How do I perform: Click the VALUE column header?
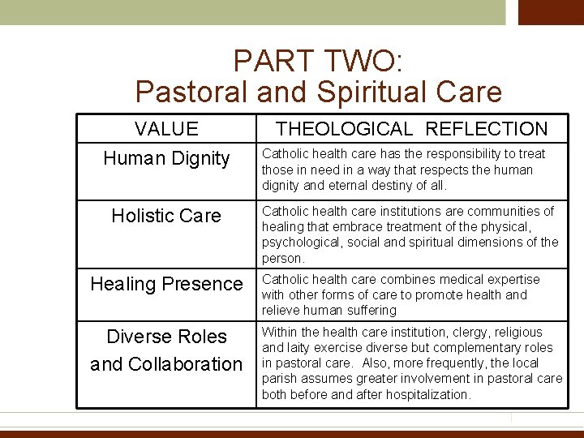tap(166, 129)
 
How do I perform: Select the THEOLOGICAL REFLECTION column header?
tap(411, 129)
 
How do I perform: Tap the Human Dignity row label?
tap(166, 159)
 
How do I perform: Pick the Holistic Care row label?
tap(166, 216)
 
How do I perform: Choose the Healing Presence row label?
tap(166, 284)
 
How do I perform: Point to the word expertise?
tap(510, 279)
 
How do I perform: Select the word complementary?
tap(470, 347)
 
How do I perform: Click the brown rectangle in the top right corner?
tap(551, 12)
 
